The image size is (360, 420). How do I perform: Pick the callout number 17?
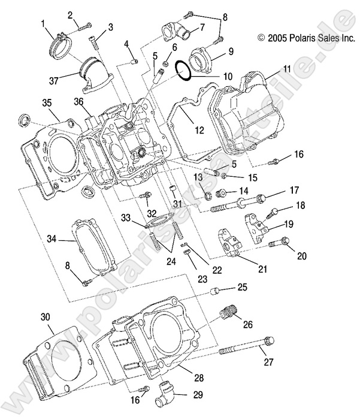coord(294,191)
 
